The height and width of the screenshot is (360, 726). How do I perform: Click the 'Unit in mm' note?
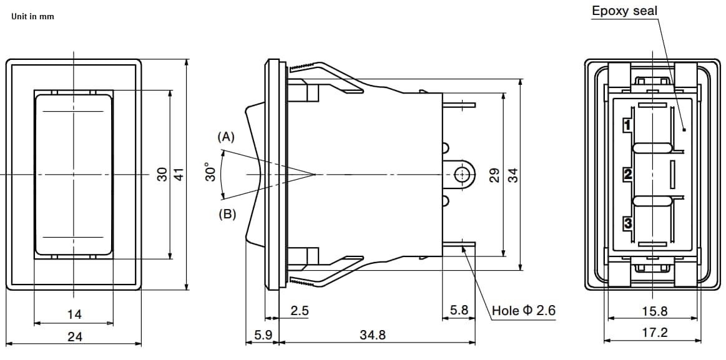(32, 16)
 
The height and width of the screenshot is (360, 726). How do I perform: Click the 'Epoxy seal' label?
(624, 11)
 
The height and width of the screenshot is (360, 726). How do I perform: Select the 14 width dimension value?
(74, 314)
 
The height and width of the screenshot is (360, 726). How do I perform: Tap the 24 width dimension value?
(74, 337)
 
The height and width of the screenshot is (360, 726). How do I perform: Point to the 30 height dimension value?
(162, 175)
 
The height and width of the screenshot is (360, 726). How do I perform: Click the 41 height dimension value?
(179, 175)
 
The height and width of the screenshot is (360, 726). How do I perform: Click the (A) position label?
(226, 137)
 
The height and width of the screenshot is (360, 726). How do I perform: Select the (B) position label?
(227, 214)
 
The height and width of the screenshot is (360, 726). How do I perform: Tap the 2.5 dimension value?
(300, 311)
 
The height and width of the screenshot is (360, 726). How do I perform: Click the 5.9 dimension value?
(263, 335)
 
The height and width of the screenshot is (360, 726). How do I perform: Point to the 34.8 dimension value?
(373, 335)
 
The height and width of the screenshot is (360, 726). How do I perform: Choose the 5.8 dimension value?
(459, 311)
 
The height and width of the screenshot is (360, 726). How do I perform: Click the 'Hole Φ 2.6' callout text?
(523, 311)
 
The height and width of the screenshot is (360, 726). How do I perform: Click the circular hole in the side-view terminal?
(462, 174)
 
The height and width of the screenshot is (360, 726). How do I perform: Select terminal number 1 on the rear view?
(628, 125)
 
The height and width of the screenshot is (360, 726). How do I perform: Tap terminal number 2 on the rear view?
(628, 174)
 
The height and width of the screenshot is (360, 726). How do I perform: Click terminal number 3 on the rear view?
(628, 223)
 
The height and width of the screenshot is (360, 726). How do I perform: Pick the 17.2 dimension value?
(654, 333)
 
